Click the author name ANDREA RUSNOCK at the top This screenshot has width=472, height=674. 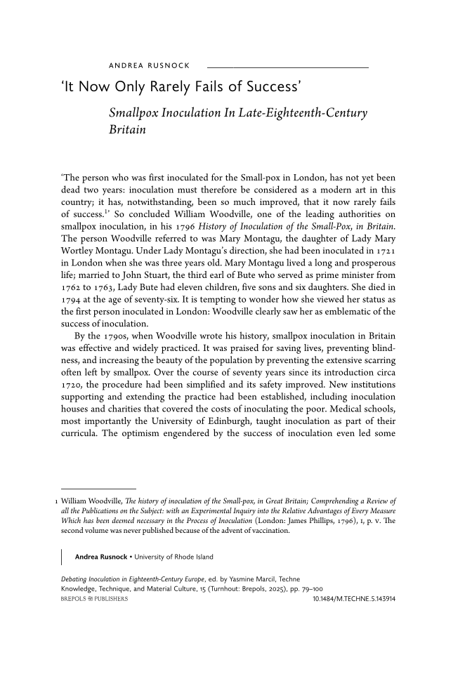pyautogui.click(x=149, y=66)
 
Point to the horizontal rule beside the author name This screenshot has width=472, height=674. pyautogui.click(x=287, y=67)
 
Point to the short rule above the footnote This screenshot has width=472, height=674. pyautogui.click(x=98, y=489)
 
